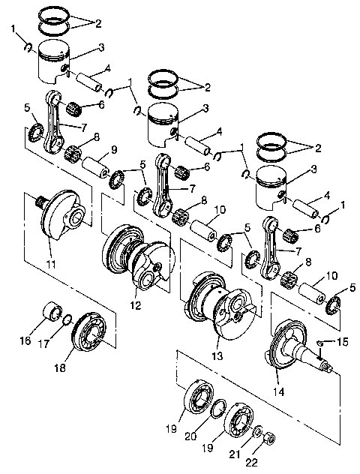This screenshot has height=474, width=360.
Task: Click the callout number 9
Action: [x=114, y=150]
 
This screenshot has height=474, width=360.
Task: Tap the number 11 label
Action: [x=50, y=265]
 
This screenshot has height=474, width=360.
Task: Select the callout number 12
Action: [x=135, y=305]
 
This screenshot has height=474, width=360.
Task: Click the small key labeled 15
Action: [x=321, y=343]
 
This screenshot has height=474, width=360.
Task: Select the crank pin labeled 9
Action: [x=97, y=162]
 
